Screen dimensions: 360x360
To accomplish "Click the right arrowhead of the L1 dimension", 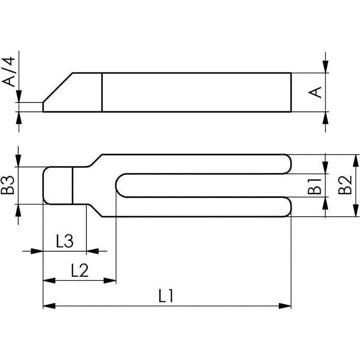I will coord(286,306).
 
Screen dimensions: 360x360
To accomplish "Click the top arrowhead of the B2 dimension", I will coord(355,160).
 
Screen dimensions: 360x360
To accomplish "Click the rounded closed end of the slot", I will coord(119,185).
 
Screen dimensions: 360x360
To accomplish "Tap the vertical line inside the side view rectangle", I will coord(102,92).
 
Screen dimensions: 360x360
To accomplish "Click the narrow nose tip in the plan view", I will coord(44,185).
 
